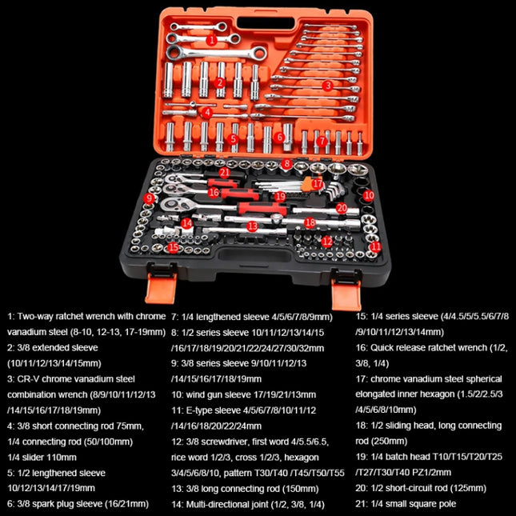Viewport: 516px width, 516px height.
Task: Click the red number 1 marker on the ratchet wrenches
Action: point(211,39)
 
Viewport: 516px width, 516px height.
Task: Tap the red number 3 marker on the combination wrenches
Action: point(327,85)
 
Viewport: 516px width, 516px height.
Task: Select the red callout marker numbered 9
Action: point(149,198)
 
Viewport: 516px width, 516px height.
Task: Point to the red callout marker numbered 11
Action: point(375,247)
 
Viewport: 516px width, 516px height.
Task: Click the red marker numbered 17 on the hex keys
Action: point(318,184)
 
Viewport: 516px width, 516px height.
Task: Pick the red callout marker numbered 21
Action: point(225,171)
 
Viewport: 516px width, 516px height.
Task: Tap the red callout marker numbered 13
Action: point(252,227)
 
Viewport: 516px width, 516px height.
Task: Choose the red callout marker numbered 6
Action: point(280,138)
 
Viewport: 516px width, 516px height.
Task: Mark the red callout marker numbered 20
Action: point(342,208)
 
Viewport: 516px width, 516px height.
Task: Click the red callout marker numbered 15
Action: point(173,248)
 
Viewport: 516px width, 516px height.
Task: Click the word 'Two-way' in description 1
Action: point(37,316)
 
